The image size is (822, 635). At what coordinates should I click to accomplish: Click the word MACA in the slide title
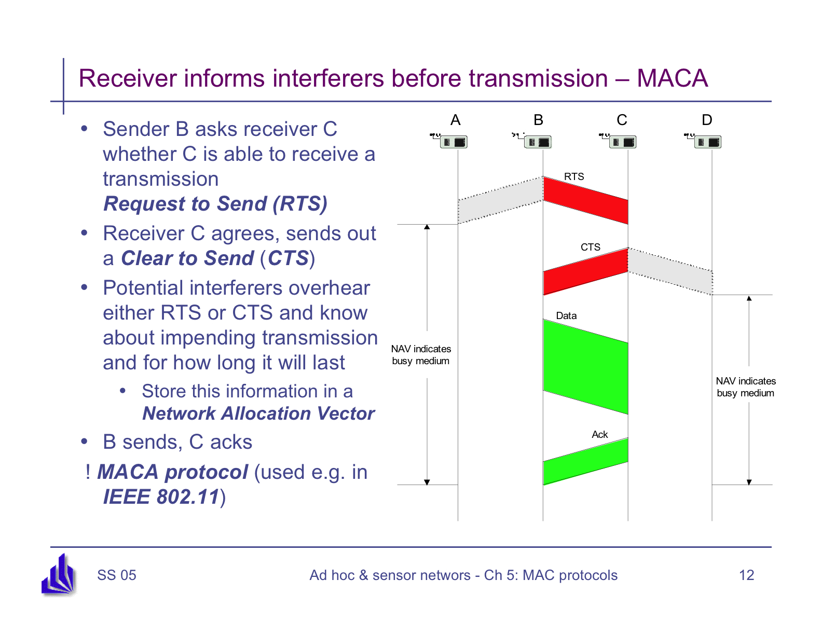point(672,79)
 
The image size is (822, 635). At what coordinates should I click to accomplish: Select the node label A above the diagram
point(455,120)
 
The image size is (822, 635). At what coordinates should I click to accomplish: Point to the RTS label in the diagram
point(574,177)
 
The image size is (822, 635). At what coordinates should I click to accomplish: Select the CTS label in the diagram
point(590,247)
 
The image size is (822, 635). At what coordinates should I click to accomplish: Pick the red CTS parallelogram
point(585,271)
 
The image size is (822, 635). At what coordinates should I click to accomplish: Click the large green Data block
point(585,366)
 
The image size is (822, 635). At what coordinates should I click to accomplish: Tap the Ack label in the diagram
point(599,435)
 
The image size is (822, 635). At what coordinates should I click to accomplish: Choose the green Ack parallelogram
point(585,462)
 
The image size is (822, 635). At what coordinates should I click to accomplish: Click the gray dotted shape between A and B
point(500,201)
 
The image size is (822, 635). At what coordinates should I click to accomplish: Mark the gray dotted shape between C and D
point(670,271)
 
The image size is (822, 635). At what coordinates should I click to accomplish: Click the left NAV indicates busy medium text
point(421,355)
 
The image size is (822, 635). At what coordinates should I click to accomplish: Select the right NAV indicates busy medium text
point(746,387)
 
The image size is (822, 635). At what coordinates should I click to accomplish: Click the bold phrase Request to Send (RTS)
point(215,204)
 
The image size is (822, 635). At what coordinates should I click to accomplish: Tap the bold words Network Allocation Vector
point(258,413)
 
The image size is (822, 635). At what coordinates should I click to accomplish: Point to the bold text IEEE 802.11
point(161,497)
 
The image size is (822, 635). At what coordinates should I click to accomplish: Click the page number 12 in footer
point(746,575)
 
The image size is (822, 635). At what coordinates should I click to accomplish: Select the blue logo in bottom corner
point(59,575)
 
